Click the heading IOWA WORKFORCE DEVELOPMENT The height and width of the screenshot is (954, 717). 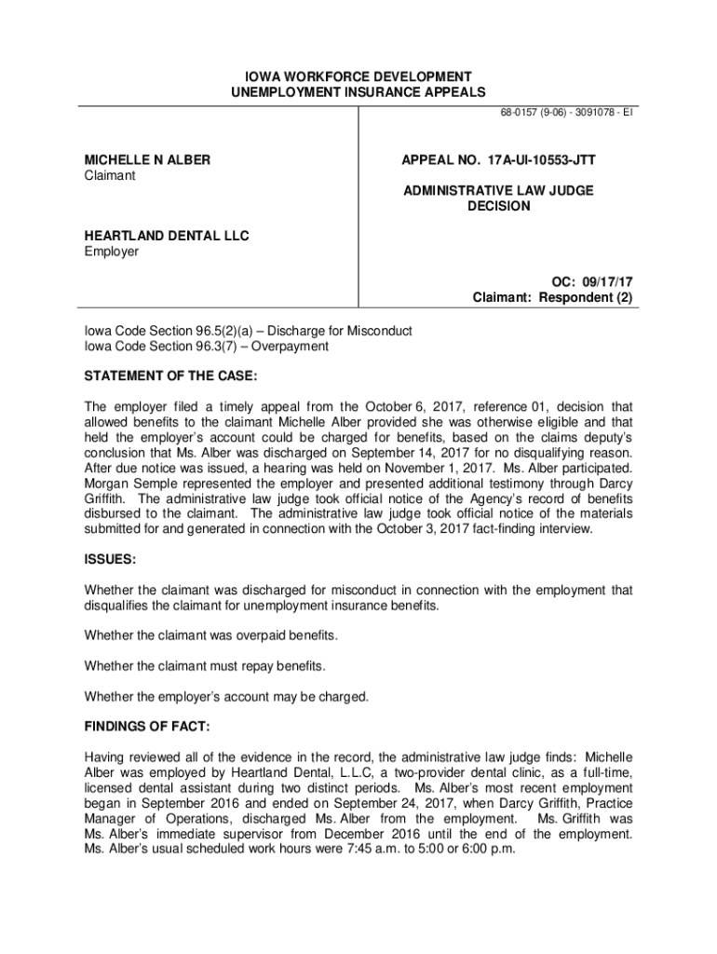[x=358, y=75]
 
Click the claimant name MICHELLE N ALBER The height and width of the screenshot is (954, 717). [x=147, y=160]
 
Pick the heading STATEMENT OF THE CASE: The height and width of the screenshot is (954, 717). [x=170, y=375]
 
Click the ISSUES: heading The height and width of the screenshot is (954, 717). [x=110, y=560]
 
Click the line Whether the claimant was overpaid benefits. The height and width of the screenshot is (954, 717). [x=211, y=635]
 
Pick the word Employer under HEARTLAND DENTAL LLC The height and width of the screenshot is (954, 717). [x=111, y=252]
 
